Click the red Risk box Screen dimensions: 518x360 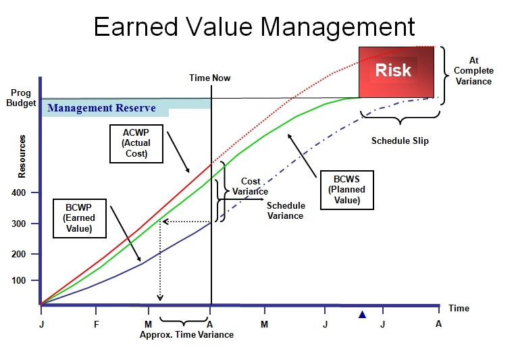point(396,72)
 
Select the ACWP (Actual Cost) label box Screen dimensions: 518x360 point(136,144)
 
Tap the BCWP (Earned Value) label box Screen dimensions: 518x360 point(80,218)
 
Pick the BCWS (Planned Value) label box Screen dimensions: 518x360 point(347,190)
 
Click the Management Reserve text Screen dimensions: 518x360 point(101,108)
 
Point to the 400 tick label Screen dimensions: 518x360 point(18,192)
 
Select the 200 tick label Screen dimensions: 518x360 point(18,255)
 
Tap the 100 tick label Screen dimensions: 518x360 point(18,281)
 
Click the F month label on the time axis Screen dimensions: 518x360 point(96,324)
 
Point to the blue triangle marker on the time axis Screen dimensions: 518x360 point(363,315)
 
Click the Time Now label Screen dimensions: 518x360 point(210,78)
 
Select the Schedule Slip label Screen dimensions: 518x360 point(400,140)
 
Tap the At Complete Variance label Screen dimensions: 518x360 point(473,71)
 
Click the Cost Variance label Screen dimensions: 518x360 point(250,186)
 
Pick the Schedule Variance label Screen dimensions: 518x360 point(286,211)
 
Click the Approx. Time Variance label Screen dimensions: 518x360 point(186,335)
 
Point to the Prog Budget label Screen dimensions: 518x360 point(21,98)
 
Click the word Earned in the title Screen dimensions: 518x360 point(136,27)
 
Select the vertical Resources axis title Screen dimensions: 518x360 point(22,157)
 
